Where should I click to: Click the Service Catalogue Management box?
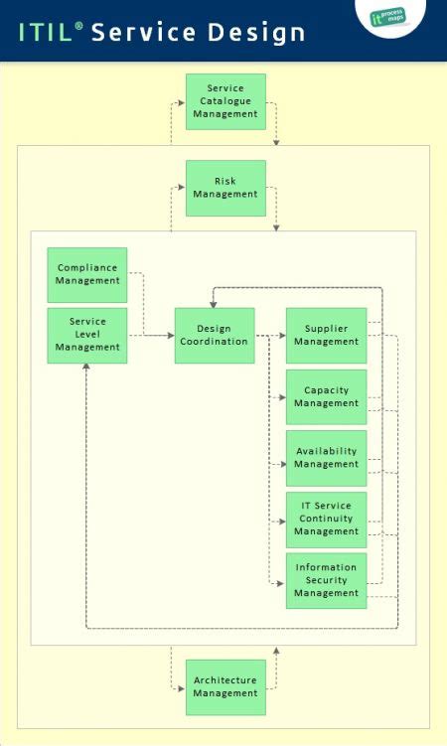point(225,101)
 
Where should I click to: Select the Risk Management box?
point(225,188)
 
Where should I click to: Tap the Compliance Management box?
point(87,274)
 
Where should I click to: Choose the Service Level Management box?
point(87,335)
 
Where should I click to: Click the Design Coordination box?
point(214,335)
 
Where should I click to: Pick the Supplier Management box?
point(326,335)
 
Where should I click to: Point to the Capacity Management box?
point(326,397)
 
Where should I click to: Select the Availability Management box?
point(326,458)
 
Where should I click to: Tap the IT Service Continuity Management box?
point(326,520)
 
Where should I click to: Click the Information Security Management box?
point(326,581)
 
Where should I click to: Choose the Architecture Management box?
point(225,687)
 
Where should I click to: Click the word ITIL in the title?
point(45,33)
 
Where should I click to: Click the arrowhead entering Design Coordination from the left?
point(170,336)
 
